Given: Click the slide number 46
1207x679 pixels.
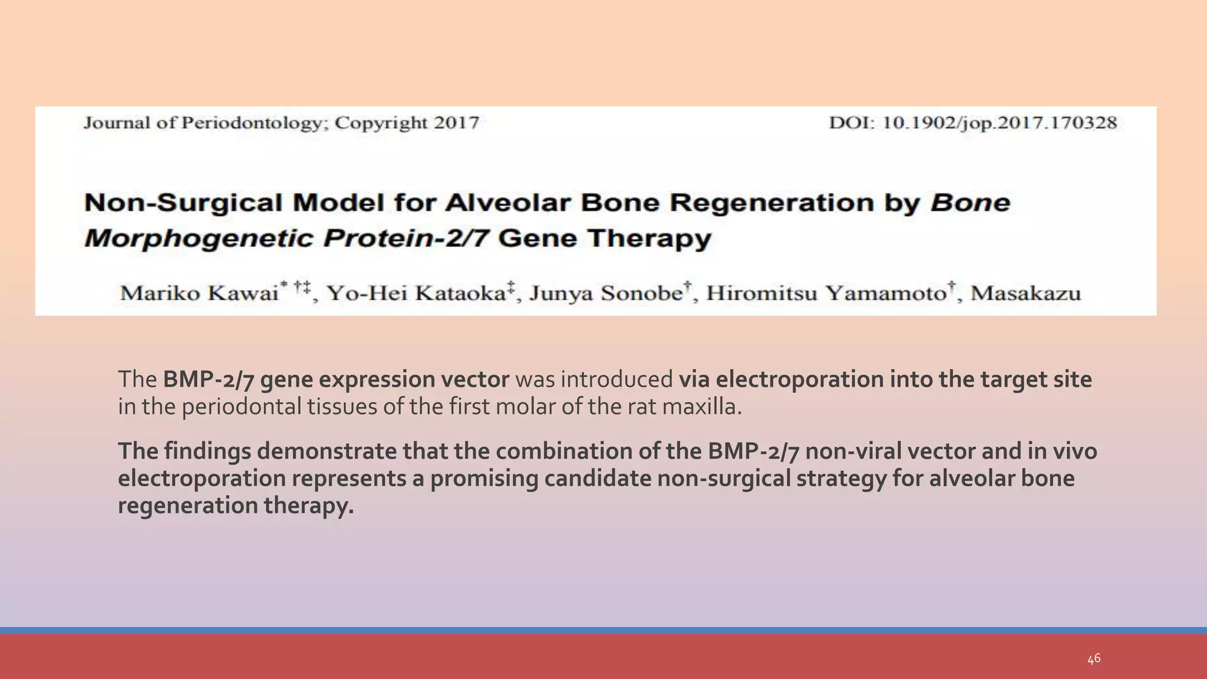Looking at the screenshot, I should pyautogui.click(x=1094, y=659).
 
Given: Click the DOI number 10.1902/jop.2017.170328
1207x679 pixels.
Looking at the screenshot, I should pyautogui.click(x=1000, y=123).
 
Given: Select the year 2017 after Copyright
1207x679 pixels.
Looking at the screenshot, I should pyautogui.click(x=457, y=123).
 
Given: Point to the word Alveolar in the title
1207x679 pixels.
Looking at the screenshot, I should pyautogui.click(x=509, y=203).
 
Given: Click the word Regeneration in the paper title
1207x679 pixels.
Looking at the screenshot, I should pyautogui.click(x=772, y=203).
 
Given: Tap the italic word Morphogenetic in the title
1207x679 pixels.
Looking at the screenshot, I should pyautogui.click(x=198, y=239).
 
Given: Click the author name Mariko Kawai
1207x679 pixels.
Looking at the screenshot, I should pyautogui.click(x=199, y=293).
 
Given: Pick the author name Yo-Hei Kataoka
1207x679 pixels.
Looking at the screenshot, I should pyautogui.click(x=415, y=293).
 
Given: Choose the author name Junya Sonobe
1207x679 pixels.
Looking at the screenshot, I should pyautogui.click(x=606, y=293).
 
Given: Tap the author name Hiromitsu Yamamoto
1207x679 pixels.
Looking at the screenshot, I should pyautogui.click(x=826, y=293).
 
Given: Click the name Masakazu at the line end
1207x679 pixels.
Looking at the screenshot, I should pyautogui.click(x=1025, y=293).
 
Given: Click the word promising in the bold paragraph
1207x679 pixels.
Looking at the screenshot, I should pyautogui.click(x=484, y=478).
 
